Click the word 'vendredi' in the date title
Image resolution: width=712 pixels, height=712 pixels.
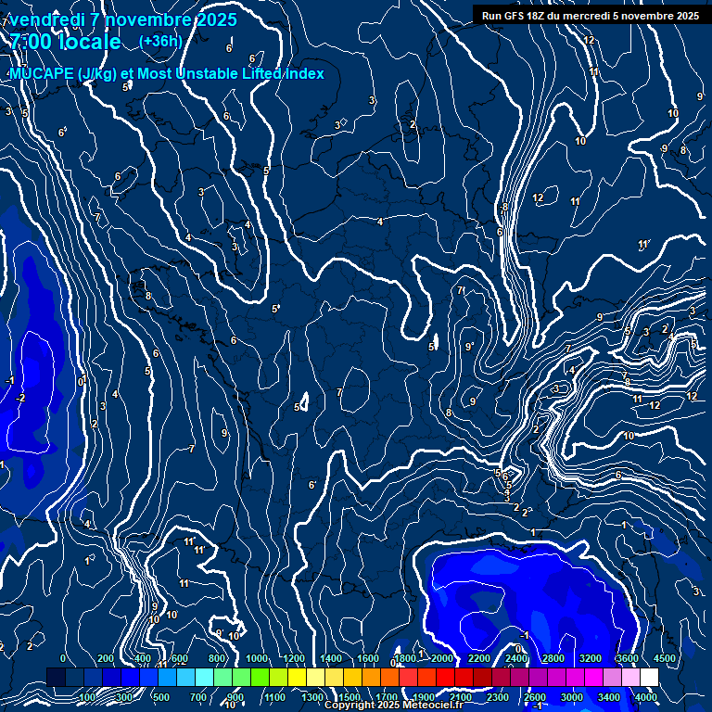coord(46,19)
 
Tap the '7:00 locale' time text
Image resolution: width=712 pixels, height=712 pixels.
coord(65,42)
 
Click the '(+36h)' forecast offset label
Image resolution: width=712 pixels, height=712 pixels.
coord(160,41)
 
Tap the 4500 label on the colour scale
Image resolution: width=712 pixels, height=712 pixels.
coord(664,658)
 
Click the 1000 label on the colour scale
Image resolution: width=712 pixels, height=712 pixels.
coord(257,658)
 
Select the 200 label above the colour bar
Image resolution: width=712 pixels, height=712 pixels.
coord(105,658)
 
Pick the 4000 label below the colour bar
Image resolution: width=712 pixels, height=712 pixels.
coord(646,697)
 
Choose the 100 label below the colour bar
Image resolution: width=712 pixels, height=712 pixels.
coord(87,697)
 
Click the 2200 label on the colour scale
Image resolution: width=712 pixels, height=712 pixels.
coord(478,658)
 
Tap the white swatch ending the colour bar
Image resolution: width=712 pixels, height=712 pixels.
coord(648,678)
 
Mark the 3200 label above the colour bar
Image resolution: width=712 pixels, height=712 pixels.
coord(591,658)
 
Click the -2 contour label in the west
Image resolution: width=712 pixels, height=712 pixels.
coord(20,398)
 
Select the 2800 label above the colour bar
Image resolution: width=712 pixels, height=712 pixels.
coord(553,658)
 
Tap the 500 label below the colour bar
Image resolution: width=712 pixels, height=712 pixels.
coord(161,697)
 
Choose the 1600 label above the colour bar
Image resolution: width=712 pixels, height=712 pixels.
coord(367,658)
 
